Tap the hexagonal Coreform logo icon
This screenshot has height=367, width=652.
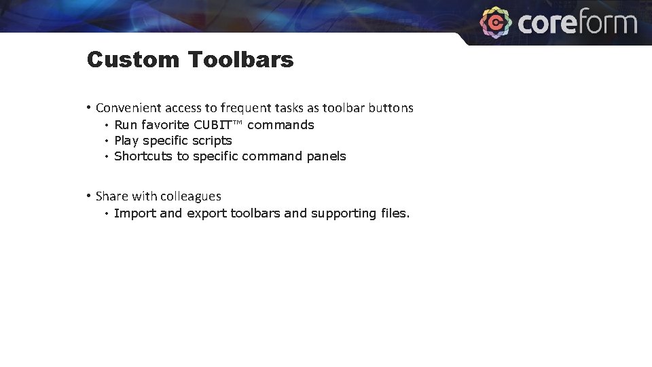point(496,22)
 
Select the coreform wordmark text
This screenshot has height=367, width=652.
point(577,23)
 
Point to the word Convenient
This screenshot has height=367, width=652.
point(126,108)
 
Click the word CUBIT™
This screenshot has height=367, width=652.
point(218,125)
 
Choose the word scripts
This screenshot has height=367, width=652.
point(212,141)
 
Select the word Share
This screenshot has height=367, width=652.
point(111,196)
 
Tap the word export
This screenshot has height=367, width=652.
point(206,213)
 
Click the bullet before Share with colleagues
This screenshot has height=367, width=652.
point(89,196)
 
